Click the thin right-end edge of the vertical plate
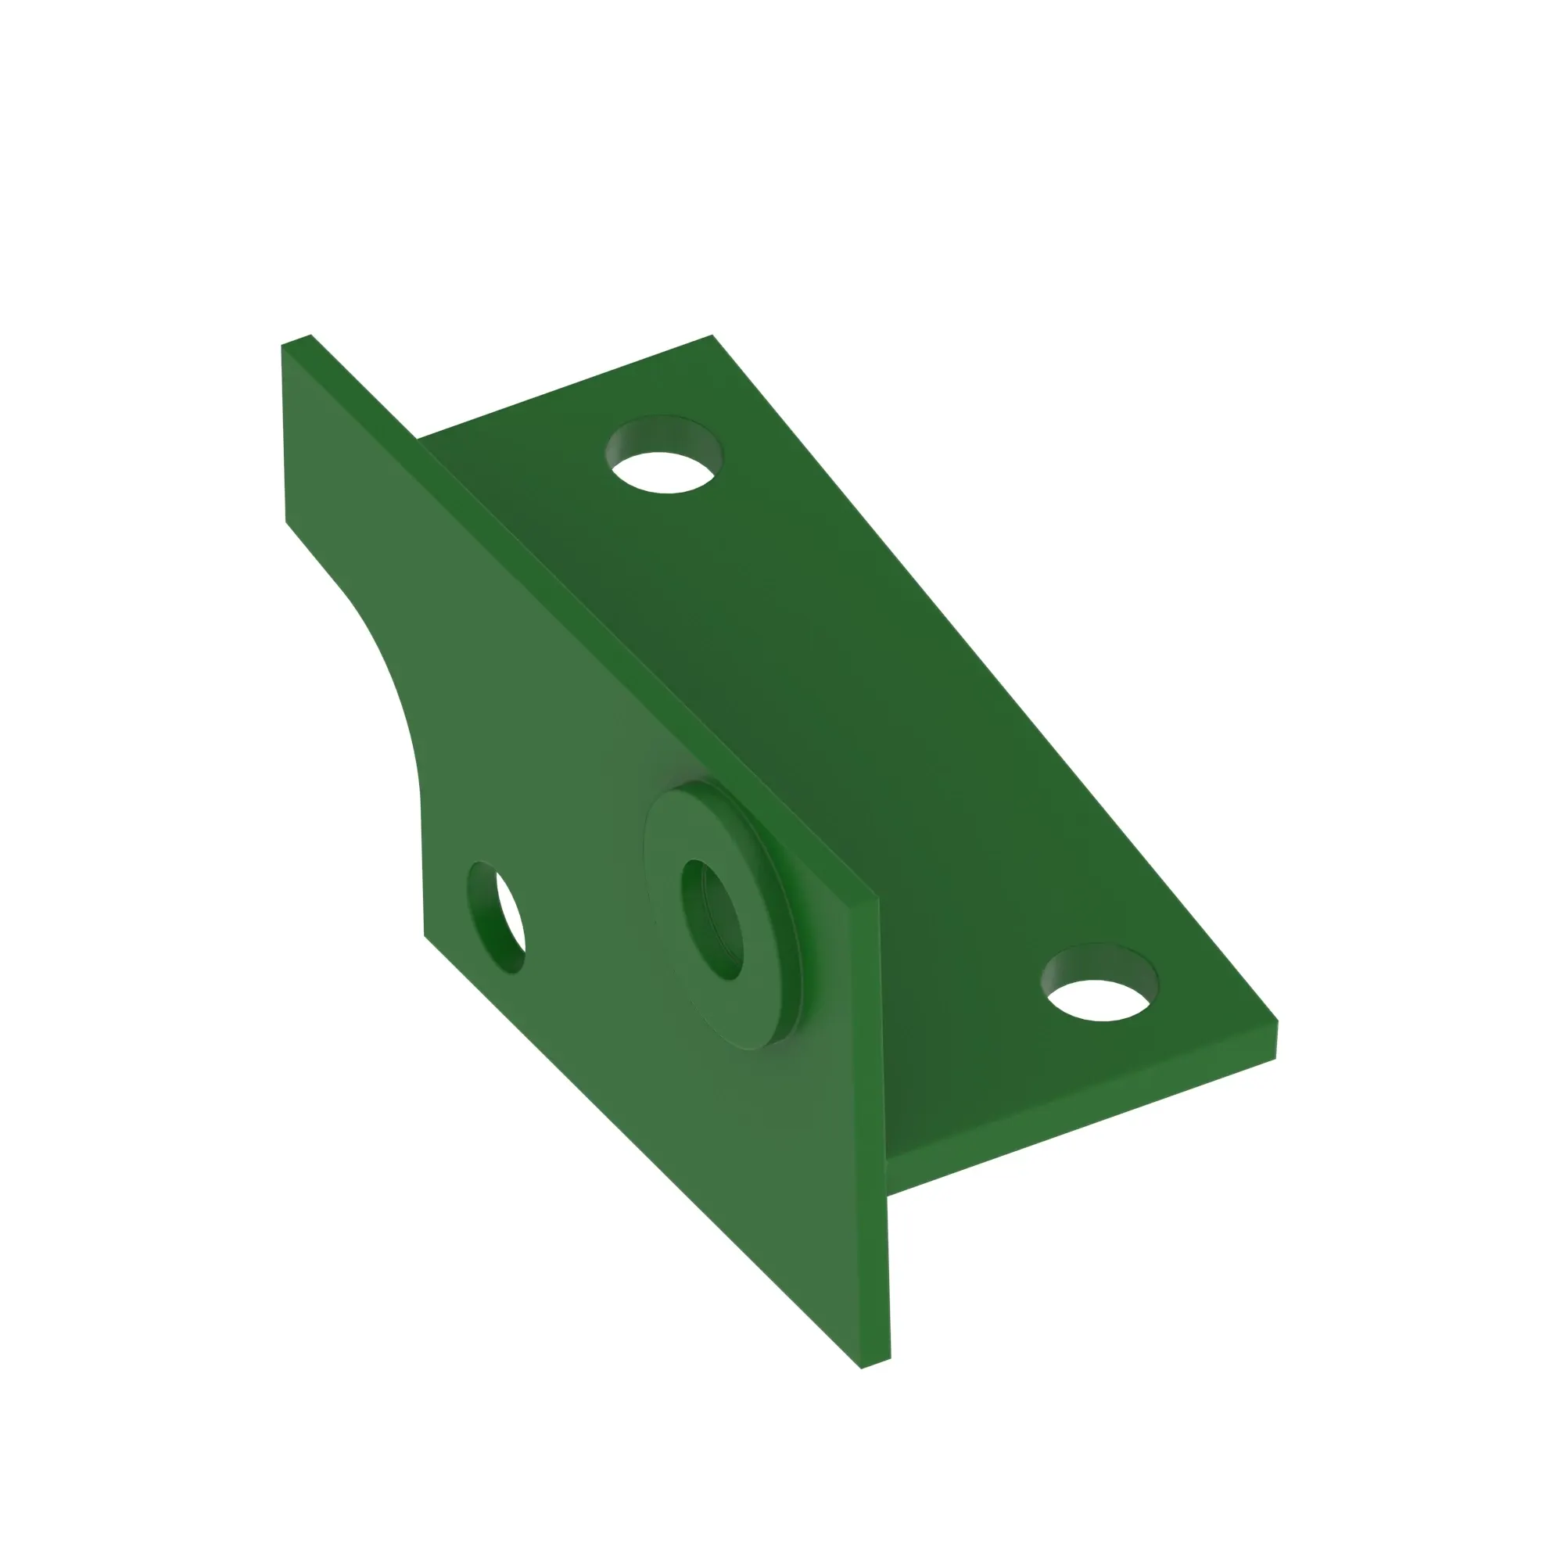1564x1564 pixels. click(x=883, y=1133)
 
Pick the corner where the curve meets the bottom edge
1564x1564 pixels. click(x=424, y=935)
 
